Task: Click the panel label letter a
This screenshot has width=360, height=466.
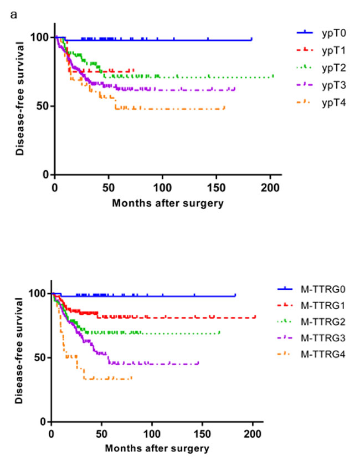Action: pos(13,13)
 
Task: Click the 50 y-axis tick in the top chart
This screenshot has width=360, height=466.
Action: pos(44,106)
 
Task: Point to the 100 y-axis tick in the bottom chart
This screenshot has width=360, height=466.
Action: pos(40,293)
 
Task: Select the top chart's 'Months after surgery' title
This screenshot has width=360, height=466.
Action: pos(168,202)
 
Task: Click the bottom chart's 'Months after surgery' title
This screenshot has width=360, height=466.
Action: pos(157,448)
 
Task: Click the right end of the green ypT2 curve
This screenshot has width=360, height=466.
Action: pos(273,76)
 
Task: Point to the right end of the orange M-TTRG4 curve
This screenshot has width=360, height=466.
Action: pos(132,378)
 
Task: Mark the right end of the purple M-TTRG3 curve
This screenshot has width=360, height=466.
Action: pos(198,363)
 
